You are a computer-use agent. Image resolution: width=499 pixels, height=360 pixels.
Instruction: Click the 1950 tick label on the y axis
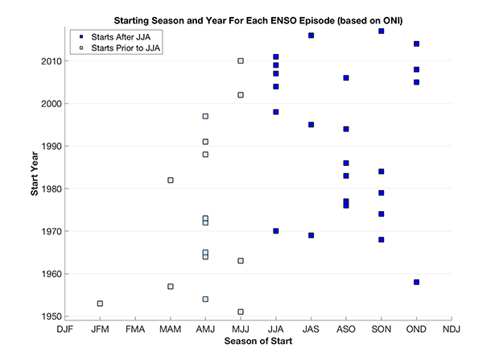tap(47, 317)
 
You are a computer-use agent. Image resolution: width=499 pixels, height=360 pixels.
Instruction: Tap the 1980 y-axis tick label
tap(47, 188)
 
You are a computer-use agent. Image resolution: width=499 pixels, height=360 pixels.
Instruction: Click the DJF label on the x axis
tap(65, 329)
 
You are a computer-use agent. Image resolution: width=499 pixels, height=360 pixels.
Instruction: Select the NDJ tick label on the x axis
tap(452, 329)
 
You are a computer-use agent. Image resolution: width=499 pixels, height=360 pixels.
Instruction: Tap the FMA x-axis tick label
tap(135, 329)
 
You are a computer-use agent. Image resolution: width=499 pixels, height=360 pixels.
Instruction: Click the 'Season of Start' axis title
tap(258, 342)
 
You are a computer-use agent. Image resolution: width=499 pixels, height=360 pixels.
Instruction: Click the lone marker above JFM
tap(100, 304)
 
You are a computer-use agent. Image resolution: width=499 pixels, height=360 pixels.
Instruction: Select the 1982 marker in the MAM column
tap(171, 180)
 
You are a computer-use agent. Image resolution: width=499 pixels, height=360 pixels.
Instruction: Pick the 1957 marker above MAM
tap(171, 287)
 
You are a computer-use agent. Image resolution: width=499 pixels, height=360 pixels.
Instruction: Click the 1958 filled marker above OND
tap(416, 282)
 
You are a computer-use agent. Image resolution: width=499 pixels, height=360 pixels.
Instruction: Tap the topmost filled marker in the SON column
tap(381, 31)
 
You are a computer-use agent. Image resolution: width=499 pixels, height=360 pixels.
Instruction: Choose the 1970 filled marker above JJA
tap(276, 231)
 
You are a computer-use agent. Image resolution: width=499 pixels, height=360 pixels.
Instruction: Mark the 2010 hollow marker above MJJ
tap(241, 61)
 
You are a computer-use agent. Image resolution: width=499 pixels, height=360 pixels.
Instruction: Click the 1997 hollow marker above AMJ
tap(205, 116)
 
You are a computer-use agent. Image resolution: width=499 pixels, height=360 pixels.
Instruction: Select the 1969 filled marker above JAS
tap(311, 235)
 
